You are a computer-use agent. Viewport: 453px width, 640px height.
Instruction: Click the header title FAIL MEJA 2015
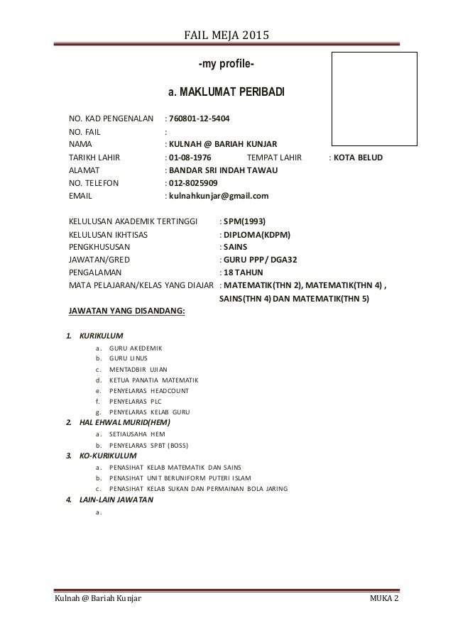coord(226,35)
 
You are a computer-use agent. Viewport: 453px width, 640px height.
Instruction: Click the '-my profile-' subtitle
coord(226,66)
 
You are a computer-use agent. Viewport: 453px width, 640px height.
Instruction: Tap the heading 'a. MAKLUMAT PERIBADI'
coord(226,93)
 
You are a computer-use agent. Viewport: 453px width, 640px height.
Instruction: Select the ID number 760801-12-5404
coord(199,118)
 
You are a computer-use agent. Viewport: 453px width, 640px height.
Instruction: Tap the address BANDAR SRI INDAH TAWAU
coord(223,170)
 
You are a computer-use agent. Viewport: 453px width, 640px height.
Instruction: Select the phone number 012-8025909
coord(197,183)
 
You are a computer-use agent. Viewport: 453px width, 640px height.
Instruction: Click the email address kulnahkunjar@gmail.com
coord(218,197)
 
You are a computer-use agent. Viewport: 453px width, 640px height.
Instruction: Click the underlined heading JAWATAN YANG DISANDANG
coord(126,310)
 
